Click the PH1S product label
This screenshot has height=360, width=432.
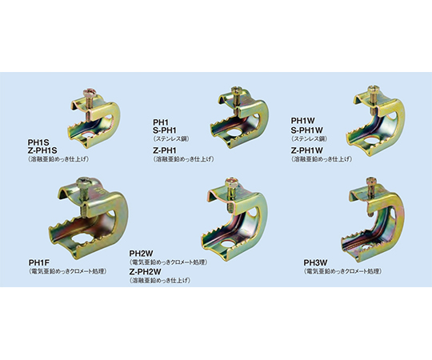pyautogui.click(x=38, y=142)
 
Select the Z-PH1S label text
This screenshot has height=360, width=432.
pyautogui.click(x=42, y=150)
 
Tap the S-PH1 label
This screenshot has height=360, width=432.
pyautogui.click(x=165, y=130)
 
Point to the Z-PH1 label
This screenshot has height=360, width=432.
pyautogui.click(x=165, y=150)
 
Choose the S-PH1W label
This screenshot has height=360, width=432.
pyautogui.click(x=307, y=130)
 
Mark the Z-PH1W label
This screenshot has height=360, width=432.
pyautogui.click(x=307, y=150)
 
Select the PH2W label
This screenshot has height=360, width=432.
pyautogui.click(x=141, y=254)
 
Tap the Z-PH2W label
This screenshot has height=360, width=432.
pyautogui.click(x=145, y=272)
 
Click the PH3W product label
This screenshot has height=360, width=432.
pyautogui.click(x=315, y=262)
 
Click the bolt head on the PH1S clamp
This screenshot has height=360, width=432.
pyautogui.click(x=90, y=91)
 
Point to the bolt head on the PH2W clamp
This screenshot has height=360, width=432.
pyautogui.click(x=230, y=181)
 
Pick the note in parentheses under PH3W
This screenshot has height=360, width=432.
pyautogui.click(x=343, y=271)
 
